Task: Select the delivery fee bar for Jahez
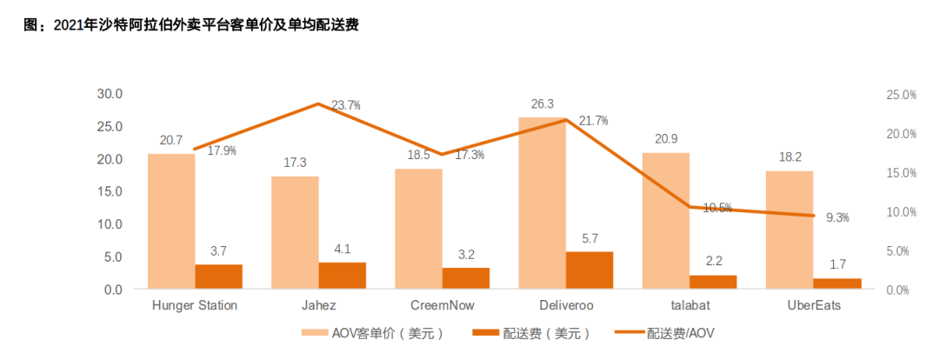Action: pyautogui.click(x=342, y=275)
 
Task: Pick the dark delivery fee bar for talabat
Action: pyautogui.click(x=713, y=282)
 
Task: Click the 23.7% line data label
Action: pyautogui.click(x=346, y=105)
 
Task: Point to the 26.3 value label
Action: pyautogui.click(x=542, y=104)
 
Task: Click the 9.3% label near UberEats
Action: pyautogui.click(x=836, y=217)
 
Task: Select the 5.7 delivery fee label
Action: pyautogui.click(x=589, y=238)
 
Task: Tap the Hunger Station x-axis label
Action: pyautogui.click(x=195, y=305)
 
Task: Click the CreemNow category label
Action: pyautogui.click(x=442, y=305)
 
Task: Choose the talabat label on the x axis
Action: pyautogui.click(x=689, y=305)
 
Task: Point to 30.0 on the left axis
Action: pyautogui.click(x=109, y=94)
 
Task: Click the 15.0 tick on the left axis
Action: pyautogui.click(x=109, y=191)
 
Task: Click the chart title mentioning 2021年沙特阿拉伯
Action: pyautogui.click(x=191, y=25)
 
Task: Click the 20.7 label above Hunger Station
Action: pyautogui.click(x=171, y=140)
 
